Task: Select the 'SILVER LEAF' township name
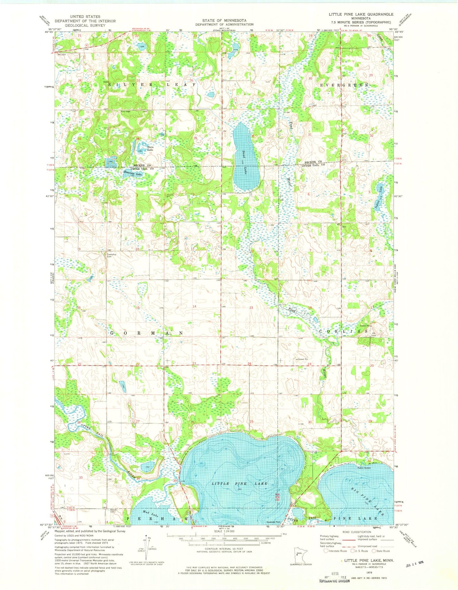click(152, 85)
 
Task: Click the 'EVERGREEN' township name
click(344, 85)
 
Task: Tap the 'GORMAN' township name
click(146, 333)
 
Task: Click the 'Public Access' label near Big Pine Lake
click(364, 468)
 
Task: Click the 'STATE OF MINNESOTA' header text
click(224, 20)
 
